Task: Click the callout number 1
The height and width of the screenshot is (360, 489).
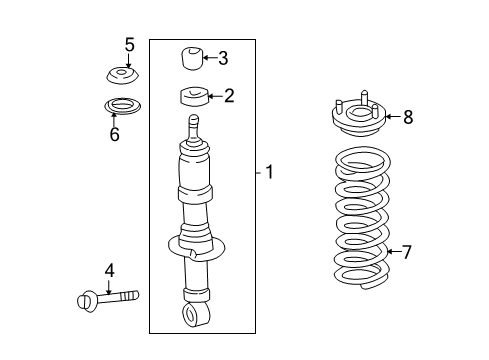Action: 269,172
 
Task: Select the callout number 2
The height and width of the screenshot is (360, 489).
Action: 229,96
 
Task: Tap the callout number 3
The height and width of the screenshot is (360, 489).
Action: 223,58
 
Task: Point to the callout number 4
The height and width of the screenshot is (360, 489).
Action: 109,270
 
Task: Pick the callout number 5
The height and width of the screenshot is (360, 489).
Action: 128,44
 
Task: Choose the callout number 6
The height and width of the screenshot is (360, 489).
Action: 114,134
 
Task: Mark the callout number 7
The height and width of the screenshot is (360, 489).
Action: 406,251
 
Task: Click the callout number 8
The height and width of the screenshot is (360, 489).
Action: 407,117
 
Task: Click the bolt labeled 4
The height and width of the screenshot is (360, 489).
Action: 108,297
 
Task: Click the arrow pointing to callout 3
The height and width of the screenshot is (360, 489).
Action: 208,58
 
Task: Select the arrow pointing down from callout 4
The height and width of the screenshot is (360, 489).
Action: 109,284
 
